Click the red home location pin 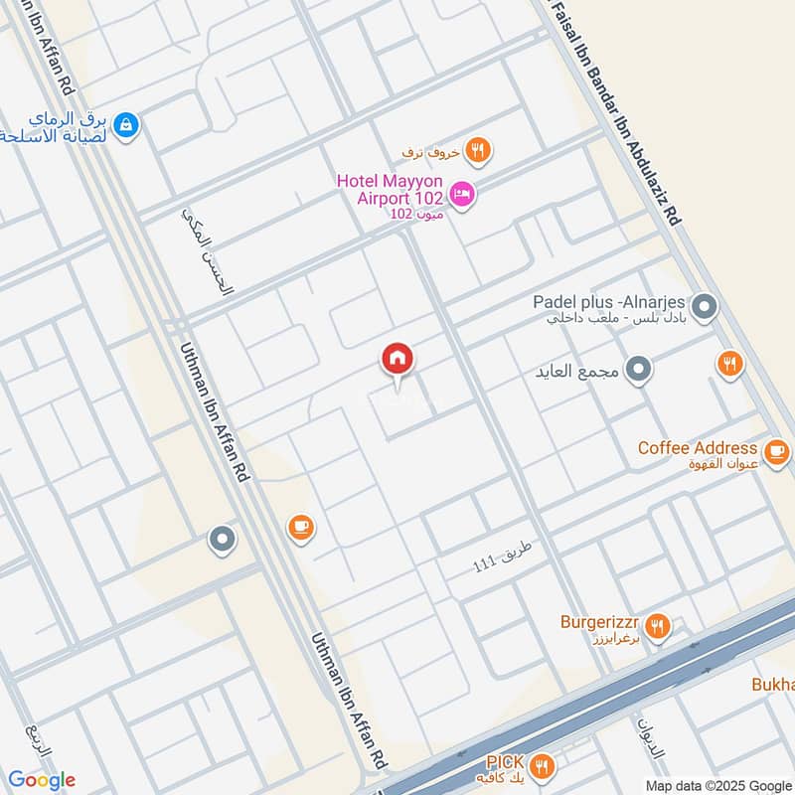tap(397, 360)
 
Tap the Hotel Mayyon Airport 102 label tap(390, 189)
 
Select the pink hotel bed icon tap(461, 195)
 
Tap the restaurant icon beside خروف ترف tap(478, 151)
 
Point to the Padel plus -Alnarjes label tap(609, 302)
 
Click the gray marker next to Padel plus tap(704, 308)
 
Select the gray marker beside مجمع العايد tap(641, 371)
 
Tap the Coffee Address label tap(698, 448)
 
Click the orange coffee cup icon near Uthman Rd tap(300, 527)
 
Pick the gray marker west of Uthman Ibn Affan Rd tap(222, 541)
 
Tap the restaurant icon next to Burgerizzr tap(656, 627)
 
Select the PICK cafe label tap(505, 761)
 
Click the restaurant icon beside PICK tap(542, 766)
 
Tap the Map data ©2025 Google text tap(717, 783)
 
